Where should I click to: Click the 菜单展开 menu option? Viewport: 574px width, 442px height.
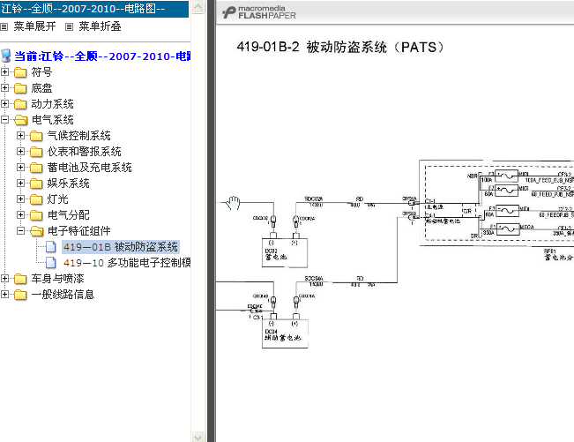tap(34, 26)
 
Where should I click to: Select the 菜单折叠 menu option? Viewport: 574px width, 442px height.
tap(99, 26)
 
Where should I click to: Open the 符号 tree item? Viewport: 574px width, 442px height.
tap(41, 72)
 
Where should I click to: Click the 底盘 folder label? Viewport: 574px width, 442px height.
tap(41, 88)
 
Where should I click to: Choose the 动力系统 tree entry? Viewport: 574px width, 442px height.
tap(52, 104)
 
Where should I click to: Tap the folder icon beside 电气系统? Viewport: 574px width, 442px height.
tap(20, 120)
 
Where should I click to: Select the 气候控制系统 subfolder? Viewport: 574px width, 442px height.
tap(78, 136)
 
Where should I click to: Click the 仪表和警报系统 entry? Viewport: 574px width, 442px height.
tap(84, 152)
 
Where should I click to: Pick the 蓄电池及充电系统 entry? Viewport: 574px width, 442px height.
tap(89, 168)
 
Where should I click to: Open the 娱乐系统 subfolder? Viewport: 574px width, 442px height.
tap(68, 184)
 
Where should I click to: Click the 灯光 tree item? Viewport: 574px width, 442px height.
tap(57, 199)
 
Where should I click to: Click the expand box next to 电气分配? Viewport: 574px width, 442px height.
tap(21, 215)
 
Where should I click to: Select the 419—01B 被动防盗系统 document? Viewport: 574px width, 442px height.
tap(120, 247)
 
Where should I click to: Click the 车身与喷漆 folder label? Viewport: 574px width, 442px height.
tap(52, 279)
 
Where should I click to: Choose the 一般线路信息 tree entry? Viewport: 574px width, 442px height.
tap(63, 295)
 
